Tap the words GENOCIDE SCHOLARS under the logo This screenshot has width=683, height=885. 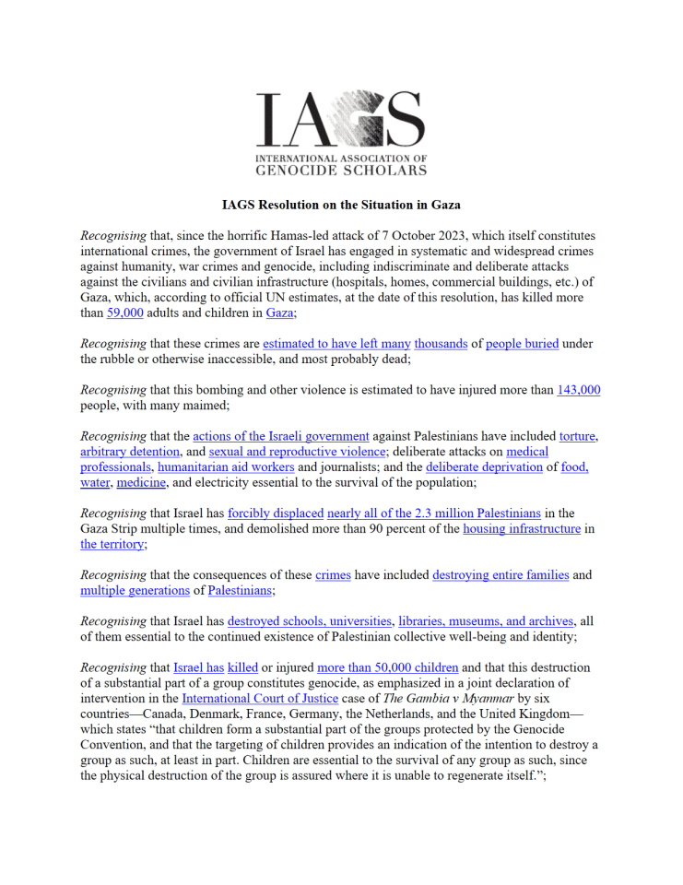pos(341,170)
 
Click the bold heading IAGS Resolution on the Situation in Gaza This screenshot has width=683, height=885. pos(341,204)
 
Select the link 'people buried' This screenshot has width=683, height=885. pos(522,344)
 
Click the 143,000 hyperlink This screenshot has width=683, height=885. pos(578,390)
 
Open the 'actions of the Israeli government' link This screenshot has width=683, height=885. pos(280,436)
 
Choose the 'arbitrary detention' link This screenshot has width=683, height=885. pos(130,452)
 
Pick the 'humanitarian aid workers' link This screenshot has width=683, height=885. pos(211,467)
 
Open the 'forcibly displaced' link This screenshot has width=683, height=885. pos(276,513)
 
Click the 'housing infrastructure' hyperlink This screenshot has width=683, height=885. pos(522,529)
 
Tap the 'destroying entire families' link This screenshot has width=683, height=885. pos(502,575)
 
